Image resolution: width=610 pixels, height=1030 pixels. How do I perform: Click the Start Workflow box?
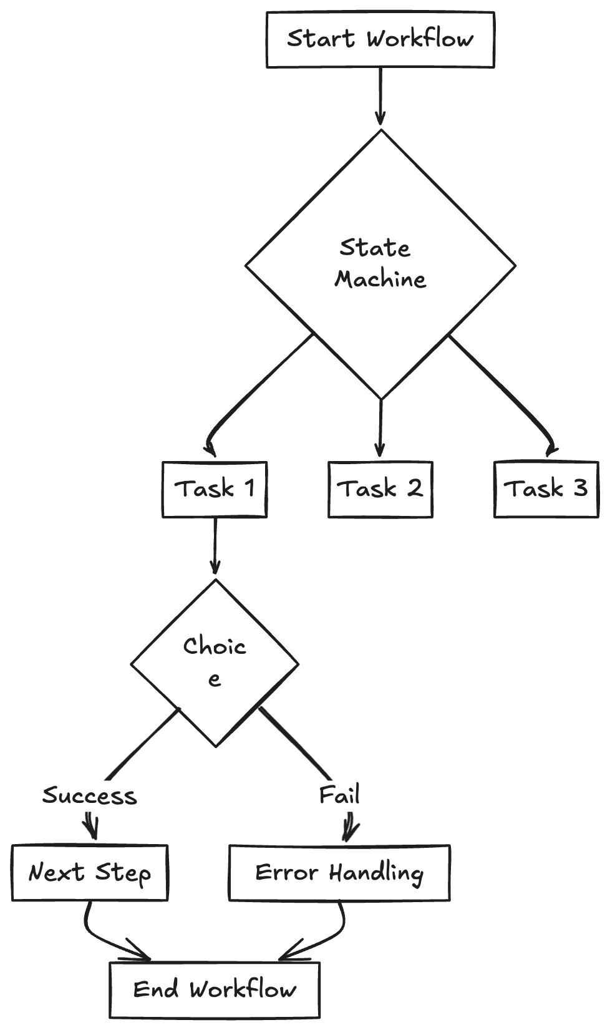click(x=380, y=39)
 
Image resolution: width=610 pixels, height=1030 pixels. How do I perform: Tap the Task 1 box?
click(x=214, y=490)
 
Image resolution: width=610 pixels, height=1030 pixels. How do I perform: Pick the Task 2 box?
click(x=380, y=490)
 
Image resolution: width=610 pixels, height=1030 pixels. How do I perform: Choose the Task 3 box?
click(x=546, y=490)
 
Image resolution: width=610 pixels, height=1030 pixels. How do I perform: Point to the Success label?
click(x=89, y=796)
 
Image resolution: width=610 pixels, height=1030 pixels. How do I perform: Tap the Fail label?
click(x=339, y=795)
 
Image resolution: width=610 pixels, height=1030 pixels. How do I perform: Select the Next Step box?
click(x=89, y=873)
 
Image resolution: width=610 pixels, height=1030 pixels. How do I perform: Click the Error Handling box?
click(x=339, y=873)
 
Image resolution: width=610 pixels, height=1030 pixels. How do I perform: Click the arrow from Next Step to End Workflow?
click(x=100, y=935)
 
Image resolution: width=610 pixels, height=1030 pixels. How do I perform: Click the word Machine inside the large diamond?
click(x=380, y=279)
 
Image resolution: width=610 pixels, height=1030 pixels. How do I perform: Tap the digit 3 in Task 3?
click(x=580, y=488)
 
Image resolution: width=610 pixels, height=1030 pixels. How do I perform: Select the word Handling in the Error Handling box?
click(x=376, y=873)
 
